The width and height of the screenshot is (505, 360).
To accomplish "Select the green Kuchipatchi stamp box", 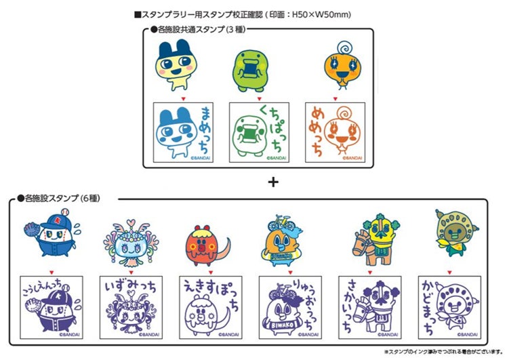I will point(259,131).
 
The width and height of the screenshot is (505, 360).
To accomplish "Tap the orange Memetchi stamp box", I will point(334,131).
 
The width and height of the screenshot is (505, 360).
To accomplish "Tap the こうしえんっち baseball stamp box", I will point(52,306).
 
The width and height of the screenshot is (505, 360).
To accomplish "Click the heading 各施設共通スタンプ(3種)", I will point(199,31).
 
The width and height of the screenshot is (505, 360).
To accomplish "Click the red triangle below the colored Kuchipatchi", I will point(260,97).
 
